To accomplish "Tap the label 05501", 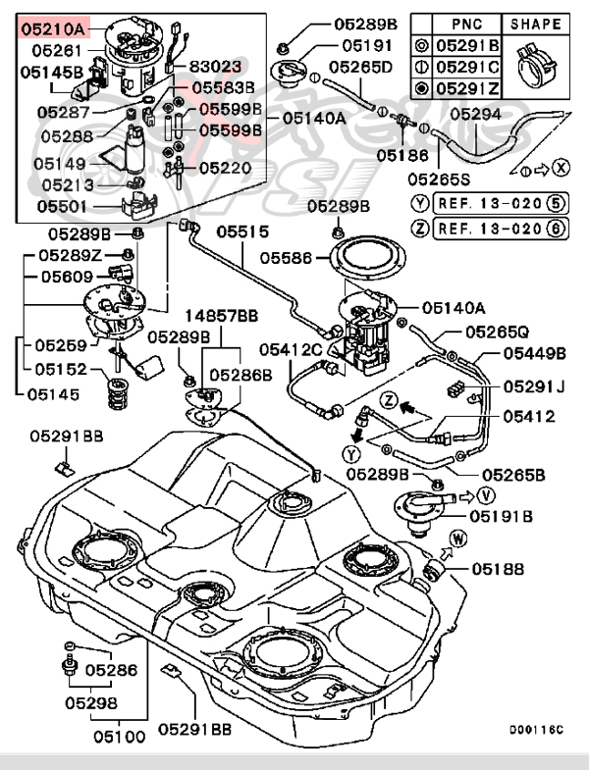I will pyautogui.click(x=62, y=207).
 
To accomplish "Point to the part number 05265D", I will pyautogui.click(x=359, y=67).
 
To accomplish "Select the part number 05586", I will pyautogui.click(x=287, y=257).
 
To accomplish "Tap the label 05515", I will pyautogui.click(x=242, y=232).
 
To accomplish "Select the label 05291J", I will pyautogui.click(x=534, y=387).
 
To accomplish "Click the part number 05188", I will pyautogui.click(x=498, y=568).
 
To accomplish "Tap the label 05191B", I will pyautogui.click(x=501, y=516).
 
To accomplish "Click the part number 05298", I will pyautogui.click(x=91, y=702).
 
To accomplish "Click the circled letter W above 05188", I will pyautogui.click(x=458, y=538).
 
